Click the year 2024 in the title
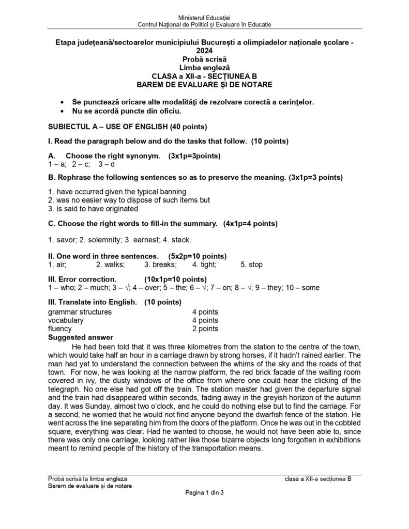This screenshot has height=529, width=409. [204, 51]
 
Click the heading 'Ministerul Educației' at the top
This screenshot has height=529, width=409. [204, 18]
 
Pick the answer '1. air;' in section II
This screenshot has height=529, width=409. [56, 264]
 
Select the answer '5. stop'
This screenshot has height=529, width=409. [251, 264]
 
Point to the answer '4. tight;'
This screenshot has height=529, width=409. [204, 264]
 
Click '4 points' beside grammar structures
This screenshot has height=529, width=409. [205, 312]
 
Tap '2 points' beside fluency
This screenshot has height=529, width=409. [205, 329]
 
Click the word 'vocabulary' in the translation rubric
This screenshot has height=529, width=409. [66, 320]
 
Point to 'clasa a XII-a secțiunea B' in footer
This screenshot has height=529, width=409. [317, 479]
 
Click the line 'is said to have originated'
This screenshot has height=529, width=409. [93, 209]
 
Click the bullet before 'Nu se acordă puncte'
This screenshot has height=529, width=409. [63, 111]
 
